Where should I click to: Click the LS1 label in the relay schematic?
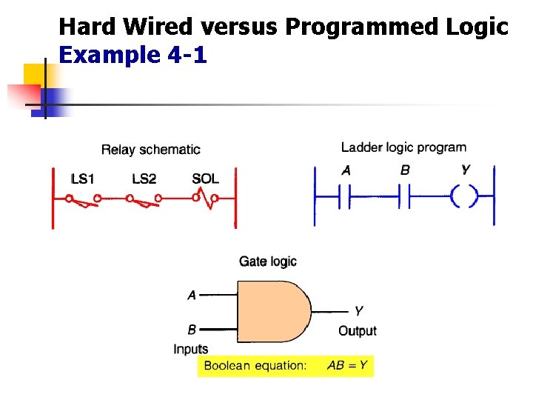[83, 179]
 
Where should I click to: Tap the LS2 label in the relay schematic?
[144, 179]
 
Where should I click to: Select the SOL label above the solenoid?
[205, 179]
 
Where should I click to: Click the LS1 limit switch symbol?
[83, 199]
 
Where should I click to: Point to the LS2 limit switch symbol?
[144, 199]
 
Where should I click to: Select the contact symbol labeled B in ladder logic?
[404, 197]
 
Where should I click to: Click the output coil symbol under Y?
[464, 197]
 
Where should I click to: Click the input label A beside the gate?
[192, 295]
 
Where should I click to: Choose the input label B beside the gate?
[192, 329]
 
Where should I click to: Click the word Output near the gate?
[358, 331]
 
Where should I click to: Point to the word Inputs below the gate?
[191, 349]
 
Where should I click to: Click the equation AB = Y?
[347, 365]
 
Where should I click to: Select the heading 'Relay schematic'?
[150, 150]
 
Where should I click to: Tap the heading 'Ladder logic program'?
[403, 147]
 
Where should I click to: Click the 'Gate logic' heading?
[267, 261]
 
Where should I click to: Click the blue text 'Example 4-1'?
[133, 56]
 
